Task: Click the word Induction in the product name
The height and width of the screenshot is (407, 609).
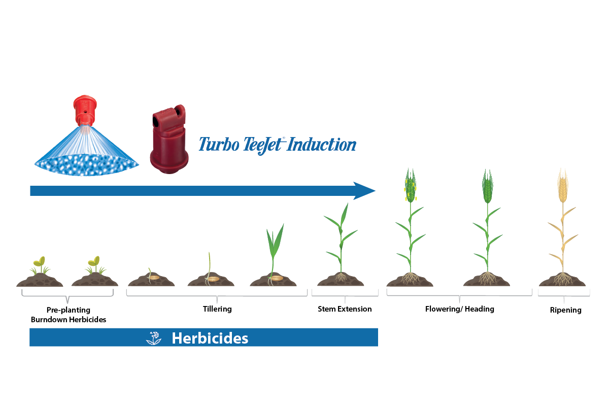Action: tap(323, 145)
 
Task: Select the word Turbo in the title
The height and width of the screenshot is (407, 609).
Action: tap(217, 145)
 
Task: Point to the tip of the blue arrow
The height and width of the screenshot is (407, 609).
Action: tap(374, 191)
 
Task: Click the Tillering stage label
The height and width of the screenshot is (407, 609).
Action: tap(217, 309)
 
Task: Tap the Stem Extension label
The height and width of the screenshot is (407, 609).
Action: tap(345, 309)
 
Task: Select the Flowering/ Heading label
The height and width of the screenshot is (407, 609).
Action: tap(459, 309)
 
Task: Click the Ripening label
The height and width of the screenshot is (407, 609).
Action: tap(565, 310)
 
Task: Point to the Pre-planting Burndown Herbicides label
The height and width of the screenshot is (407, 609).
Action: tap(68, 314)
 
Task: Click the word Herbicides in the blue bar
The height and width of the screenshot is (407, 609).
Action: tap(210, 338)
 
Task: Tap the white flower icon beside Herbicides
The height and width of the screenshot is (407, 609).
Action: tap(154, 338)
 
